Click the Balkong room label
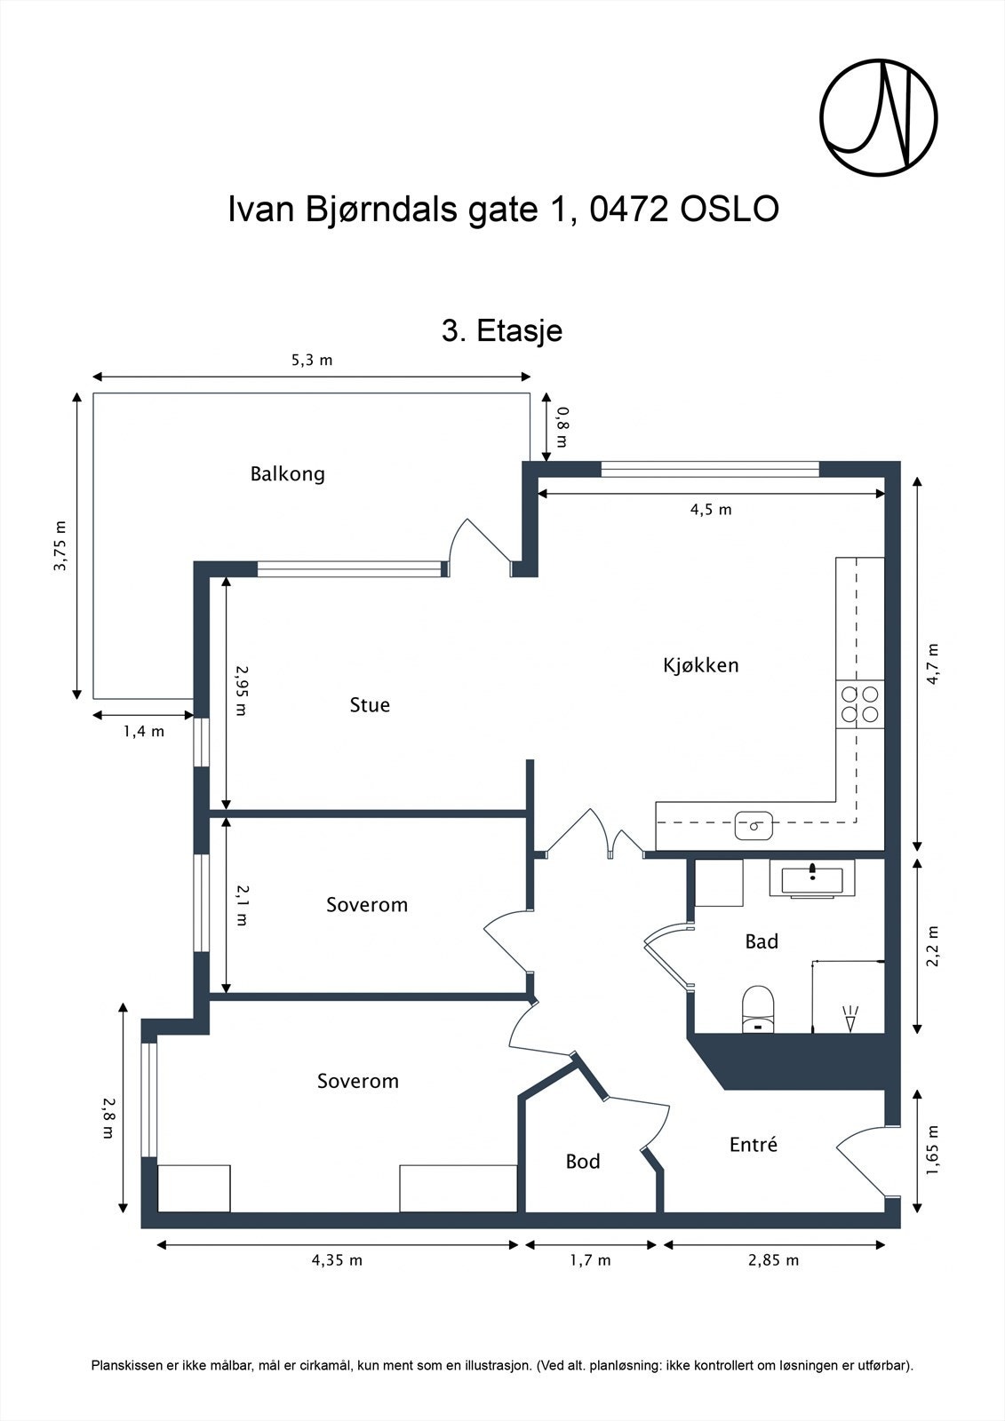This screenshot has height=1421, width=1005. click(287, 473)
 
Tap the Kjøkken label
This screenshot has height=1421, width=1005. click(700, 665)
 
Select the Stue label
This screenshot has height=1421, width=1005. click(370, 705)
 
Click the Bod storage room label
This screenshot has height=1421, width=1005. click(583, 1162)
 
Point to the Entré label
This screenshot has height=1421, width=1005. click(753, 1145)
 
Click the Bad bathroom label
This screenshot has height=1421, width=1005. click(761, 941)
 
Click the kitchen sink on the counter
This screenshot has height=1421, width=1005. click(754, 825)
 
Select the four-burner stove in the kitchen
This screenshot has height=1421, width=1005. click(859, 704)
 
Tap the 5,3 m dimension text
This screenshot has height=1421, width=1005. click(312, 361)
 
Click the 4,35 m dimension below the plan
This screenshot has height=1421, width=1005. click(337, 1260)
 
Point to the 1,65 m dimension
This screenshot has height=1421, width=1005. click(932, 1150)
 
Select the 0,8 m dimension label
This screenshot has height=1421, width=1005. click(562, 426)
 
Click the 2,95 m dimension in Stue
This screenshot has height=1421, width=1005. click(241, 691)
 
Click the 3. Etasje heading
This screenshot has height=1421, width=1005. click(501, 331)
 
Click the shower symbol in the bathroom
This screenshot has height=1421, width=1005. click(850, 1018)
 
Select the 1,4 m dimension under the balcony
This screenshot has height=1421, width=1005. click(143, 732)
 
